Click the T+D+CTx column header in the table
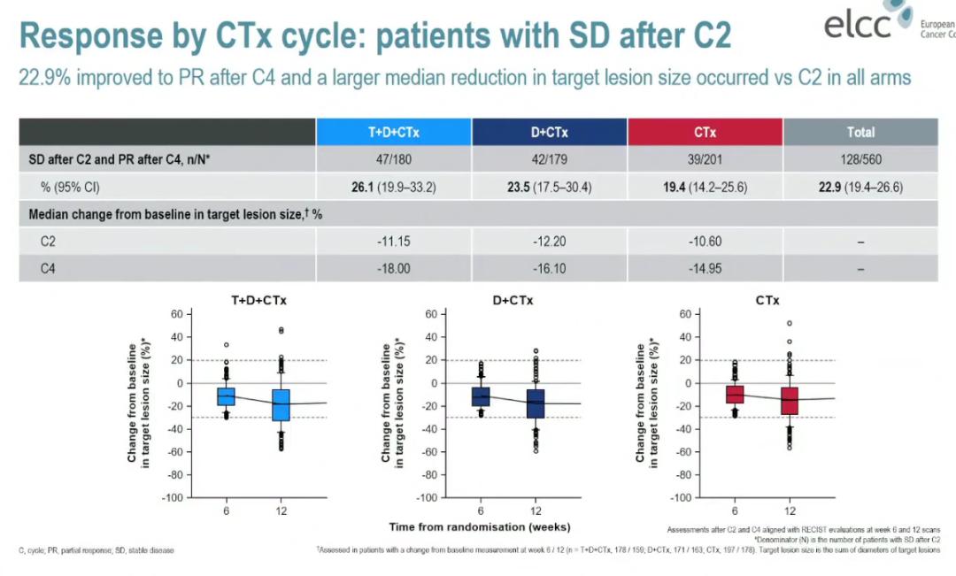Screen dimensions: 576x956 [394, 133]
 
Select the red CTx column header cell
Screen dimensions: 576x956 [705, 133]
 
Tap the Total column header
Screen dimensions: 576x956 [860, 133]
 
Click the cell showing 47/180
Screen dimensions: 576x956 [394, 160]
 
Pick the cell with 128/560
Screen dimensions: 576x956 [860, 160]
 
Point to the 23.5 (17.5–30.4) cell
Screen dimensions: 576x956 [549, 188]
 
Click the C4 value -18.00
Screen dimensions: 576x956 [394, 269]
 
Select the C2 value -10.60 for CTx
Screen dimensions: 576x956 [705, 242]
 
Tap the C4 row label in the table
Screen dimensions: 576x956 [50, 269]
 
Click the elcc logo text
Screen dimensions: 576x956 [858, 27]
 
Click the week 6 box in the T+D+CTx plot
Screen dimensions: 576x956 [227, 396]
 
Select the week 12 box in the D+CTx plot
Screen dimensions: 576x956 [536, 403]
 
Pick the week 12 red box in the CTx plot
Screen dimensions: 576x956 [790, 401]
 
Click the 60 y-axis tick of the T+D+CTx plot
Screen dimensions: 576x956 [175, 314]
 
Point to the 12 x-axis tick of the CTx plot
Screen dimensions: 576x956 [790, 511]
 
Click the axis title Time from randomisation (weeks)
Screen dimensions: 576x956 [478, 528]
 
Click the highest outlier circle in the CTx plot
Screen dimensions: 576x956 [790, 324]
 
